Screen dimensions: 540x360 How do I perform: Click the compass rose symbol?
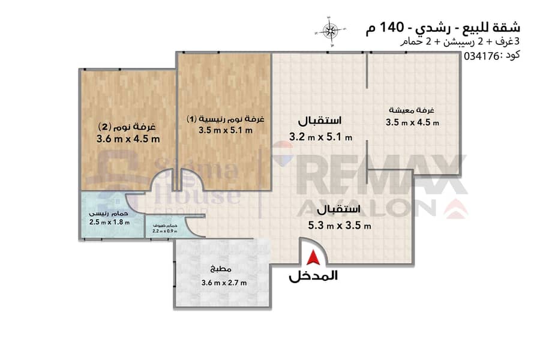pos(330,31)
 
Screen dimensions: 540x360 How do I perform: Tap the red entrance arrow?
pos(313,257)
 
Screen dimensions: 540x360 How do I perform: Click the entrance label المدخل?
pos(313,276)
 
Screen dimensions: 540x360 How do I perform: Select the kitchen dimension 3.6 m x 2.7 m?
pos(224,283)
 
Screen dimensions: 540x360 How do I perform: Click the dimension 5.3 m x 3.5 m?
pos(340,226)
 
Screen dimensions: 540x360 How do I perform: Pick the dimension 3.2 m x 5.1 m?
pos(320,137)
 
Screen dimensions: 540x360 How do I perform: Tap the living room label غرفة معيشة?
pos(412,110)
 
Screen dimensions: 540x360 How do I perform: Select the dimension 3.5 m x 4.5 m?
pos(412,122)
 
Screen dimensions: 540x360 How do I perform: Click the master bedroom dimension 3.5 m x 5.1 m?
pos(225,130)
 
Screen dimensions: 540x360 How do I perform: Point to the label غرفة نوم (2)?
pos(127,127)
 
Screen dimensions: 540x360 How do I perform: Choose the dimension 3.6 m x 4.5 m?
pos(128,139)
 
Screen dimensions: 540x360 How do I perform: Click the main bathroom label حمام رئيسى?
pos(109,214)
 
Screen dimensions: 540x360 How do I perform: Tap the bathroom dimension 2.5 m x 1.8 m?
pos(110,222)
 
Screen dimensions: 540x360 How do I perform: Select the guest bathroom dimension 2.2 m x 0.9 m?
pos(164,231)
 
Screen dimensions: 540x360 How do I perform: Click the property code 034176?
pos(481,56)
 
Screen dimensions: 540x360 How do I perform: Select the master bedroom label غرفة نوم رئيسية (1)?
pos(225,119)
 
